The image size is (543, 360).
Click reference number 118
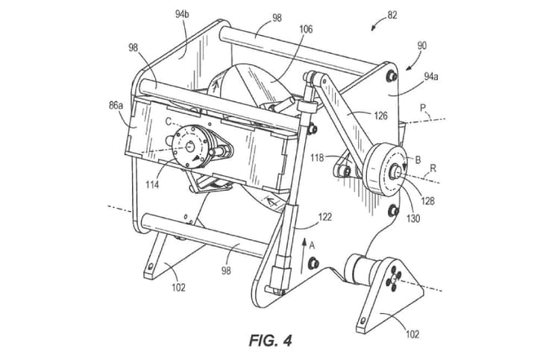317,158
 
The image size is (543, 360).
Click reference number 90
422,45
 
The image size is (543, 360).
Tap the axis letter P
422,109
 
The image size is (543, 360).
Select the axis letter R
432,170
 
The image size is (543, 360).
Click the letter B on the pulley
418,160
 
